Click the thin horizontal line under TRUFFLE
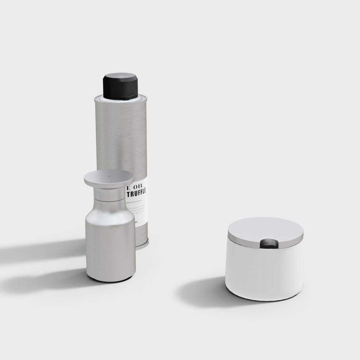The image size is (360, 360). (137, 199)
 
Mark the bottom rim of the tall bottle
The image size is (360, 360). (142, 247)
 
